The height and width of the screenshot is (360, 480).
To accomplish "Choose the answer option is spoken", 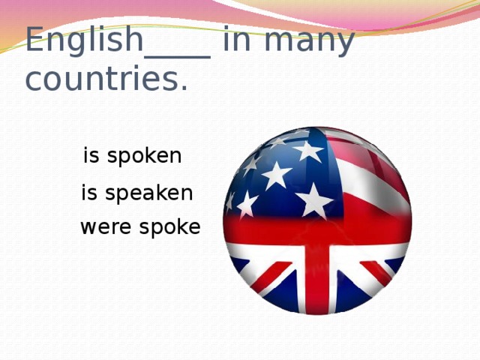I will pos(133,156).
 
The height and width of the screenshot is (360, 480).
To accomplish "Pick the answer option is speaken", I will pos(137,193).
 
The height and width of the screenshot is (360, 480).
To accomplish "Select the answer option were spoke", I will pos(140,226).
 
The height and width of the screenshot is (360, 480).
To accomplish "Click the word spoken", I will pos(145,157).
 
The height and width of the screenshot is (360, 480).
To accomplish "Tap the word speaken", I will pos(148,194).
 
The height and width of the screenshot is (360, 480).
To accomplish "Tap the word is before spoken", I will pos(91,156).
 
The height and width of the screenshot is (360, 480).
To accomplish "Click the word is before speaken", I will pos(88,193).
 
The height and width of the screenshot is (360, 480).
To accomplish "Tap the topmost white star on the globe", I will pos(308,150).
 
